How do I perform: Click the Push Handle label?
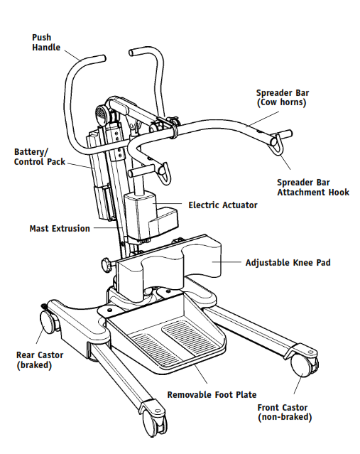(x=42, y=42)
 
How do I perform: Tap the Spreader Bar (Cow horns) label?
(x=282, y=98)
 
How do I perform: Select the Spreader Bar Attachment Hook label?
(x=312, y=187)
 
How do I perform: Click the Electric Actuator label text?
(x=222, y=205)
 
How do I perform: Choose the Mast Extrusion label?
(x=60, y=229)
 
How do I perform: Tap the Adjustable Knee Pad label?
(x=288, y=263)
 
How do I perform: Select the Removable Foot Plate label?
(x=212, y=394)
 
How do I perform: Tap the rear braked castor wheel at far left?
(x=48, y=323)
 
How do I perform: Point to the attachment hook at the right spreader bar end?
(x=276, y=144)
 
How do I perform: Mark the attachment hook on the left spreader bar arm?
(x=163, y=171)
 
